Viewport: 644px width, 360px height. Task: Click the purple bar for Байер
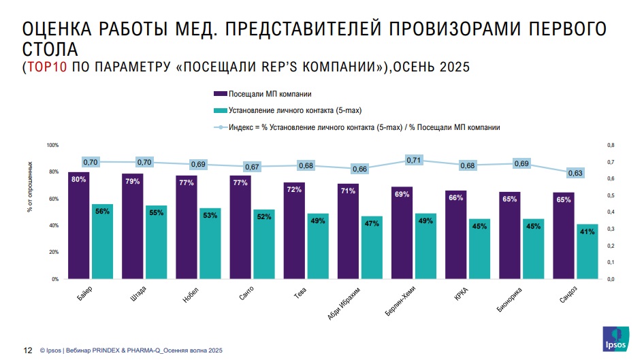(78, 228)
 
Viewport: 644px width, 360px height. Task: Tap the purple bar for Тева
(294, 231)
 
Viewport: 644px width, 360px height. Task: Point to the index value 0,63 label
(576, 173)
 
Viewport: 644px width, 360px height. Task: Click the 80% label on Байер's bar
(78, 179)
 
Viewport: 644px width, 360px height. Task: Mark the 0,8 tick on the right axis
(610, 145)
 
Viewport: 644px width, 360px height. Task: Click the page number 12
(29, 350)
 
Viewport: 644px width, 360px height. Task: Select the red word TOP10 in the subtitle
(47, 67)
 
